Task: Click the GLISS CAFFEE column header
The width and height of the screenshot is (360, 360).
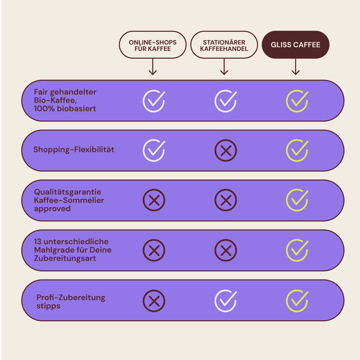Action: (x=295, y=44)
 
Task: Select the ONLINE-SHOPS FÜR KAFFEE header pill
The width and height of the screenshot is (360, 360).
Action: (x=152, y=44)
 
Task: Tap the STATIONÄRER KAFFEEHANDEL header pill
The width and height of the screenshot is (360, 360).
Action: (x=224, y=44)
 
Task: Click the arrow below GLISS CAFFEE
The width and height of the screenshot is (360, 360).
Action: (x=295, y=67)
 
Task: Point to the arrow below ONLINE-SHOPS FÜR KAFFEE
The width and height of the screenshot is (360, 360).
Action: (x=152, y=67)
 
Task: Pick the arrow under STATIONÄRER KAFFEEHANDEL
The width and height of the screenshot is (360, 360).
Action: (x=224, y=67)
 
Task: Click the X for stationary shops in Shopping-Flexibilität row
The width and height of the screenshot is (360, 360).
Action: (x=226, y=151)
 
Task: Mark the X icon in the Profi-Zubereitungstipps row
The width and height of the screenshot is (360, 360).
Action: (x=154, y=301)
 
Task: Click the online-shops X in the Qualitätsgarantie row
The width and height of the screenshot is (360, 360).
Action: (x=154, y=200)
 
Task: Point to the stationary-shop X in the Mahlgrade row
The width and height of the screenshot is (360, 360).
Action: (x=226, y=250)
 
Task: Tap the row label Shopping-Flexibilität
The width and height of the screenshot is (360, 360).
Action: (x=74, y=149)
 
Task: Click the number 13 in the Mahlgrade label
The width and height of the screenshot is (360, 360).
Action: (x=38, y=242)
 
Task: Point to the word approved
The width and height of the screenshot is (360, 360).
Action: (x=52, y=209)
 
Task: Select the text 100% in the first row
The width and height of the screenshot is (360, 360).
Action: (x=44, y=109)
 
